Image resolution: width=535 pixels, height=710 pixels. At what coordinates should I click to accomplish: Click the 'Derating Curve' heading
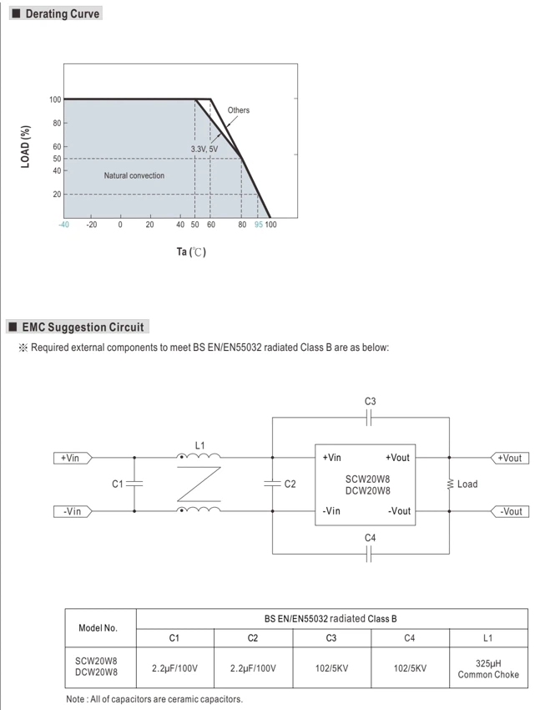pos(63,13)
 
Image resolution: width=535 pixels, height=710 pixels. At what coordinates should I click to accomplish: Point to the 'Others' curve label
pos(238,110)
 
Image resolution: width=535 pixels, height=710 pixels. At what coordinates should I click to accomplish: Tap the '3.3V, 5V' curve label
pos(204,149)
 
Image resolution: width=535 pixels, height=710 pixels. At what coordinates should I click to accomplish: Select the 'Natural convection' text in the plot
pos(134,175)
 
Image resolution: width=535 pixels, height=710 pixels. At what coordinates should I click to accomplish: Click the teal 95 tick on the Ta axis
pos(259,225)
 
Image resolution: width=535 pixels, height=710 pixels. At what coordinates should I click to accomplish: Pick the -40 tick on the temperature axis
pos(63,225)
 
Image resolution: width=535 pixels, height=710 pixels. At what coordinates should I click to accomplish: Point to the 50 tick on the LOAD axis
pos(57,159)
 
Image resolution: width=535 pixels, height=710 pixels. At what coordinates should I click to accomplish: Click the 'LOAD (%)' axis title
pos(25,147)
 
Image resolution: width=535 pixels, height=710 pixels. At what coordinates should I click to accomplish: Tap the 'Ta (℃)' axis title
pos(191,251)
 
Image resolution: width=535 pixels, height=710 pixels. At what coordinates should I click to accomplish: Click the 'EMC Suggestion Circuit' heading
pos(83,327)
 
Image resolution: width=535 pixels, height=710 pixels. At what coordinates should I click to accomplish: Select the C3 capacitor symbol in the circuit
pos(368,418)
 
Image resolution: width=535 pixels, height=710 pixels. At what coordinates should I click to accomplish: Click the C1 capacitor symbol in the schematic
pos(134,484)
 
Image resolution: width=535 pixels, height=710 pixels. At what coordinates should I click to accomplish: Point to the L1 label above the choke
pos(199,445)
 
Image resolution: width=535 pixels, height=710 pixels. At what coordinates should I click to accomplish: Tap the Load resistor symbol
pos(450,484)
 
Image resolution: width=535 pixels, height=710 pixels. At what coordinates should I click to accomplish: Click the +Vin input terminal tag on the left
pos(73,458)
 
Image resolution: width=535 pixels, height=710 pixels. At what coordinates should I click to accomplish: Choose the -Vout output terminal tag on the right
pos(510,511)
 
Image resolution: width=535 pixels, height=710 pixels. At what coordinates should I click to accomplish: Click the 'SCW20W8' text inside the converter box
pos(367,479)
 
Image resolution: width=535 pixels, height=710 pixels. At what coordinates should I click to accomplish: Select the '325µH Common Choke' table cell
pos(488,669)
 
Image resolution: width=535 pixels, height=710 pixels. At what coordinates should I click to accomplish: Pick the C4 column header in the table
pos(410,638)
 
